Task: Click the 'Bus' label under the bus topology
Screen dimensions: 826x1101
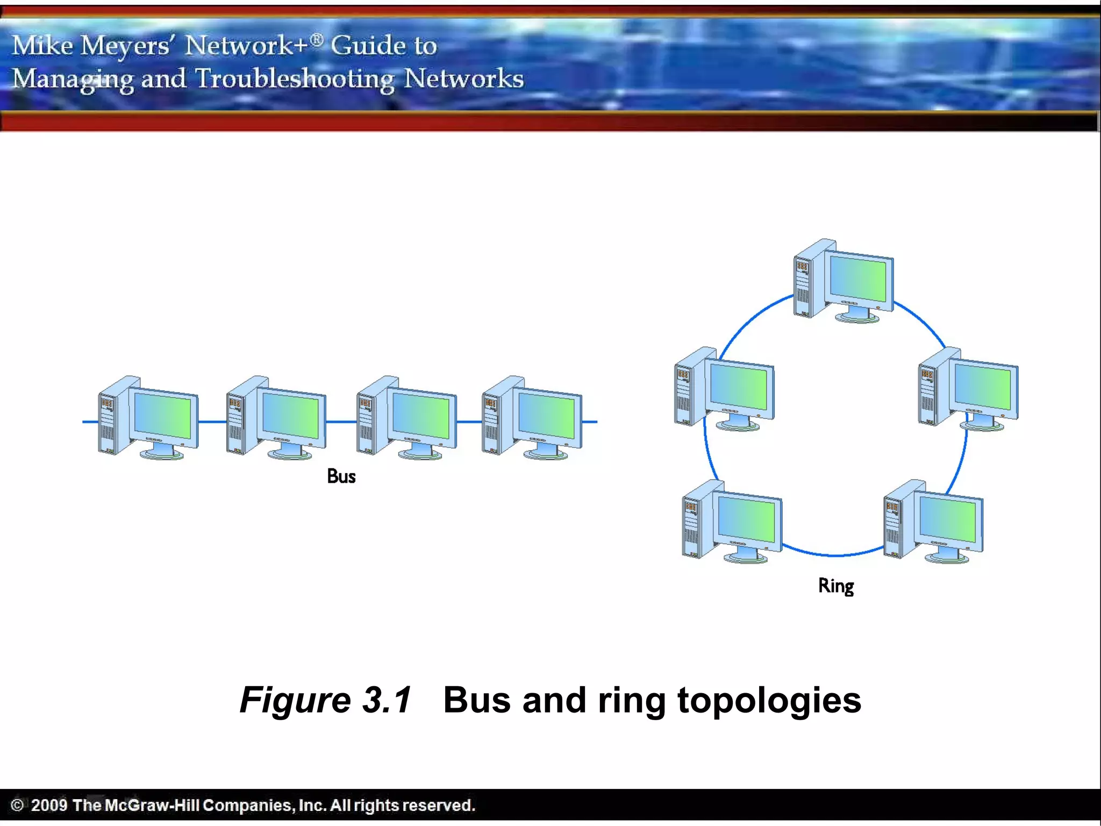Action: coord(341,476)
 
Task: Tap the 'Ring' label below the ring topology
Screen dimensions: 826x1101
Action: coord(836,586)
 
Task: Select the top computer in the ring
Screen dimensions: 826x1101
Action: coord(843,281)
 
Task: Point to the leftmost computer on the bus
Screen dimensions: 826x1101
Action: coord(148,417)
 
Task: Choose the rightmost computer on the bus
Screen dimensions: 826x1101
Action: coord(532,417)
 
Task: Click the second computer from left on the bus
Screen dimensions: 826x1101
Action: coord(276,417)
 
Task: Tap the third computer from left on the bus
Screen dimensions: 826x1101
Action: coord(406,417)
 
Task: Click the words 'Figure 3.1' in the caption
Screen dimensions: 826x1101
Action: coord(325,700)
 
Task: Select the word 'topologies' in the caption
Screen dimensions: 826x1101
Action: coord(769,701)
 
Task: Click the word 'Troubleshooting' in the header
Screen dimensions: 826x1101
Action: coord(295,79)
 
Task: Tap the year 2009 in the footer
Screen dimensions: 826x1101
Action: coord(49,805)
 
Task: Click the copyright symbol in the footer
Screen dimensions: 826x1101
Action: coord(17,805)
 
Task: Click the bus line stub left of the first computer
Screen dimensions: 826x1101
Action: coord(90,422)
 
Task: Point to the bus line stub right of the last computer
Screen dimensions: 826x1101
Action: coord(590,422)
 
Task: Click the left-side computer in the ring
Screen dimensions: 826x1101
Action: coord(724,388)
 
